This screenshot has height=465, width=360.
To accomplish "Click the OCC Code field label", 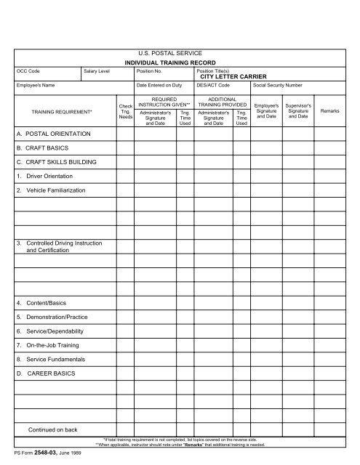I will pyautogui.click(x=28, y=71).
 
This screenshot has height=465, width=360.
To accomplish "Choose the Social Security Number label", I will pyautogui.click(x=279, y=85).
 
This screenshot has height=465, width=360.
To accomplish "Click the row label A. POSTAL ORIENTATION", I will pyautogui.click(x=52, y=135).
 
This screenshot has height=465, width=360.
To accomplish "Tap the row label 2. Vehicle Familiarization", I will pyautogui.click(x=55, y=190).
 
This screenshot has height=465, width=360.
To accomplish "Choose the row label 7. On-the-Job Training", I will pyautogui.click(x=53, y=345).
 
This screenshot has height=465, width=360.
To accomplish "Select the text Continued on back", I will pyautogui.click(x=53, y=429).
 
